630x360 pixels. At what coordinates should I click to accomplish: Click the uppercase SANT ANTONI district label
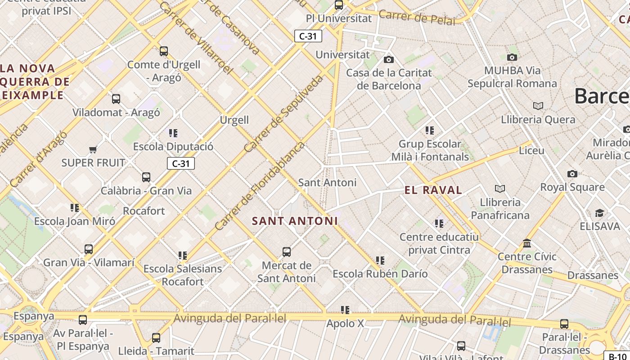(x=295, y=221)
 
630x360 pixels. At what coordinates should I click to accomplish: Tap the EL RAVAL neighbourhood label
(x=433, y=190)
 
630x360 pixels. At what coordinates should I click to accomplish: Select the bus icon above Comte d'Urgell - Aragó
(x=164, y=51)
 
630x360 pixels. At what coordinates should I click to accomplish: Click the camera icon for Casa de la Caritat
(x=389, y=59)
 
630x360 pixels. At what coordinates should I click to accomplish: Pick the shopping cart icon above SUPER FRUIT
(x=93, y=149)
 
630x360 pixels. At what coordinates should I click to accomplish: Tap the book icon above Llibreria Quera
(x=538, y=106)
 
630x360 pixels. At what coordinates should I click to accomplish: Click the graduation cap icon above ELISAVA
(x=599, y=213)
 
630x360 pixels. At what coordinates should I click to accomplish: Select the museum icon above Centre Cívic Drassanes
(x=527, y=243)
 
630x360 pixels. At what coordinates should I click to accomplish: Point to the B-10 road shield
(x=617, y=356)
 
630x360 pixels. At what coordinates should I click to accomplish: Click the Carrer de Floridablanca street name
(x=260, y=186)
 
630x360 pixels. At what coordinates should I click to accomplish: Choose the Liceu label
(x=531, y=150)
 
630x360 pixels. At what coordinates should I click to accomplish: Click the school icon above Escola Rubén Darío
(x=380, y=260)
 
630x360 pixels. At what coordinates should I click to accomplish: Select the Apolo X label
(x=345, y=324)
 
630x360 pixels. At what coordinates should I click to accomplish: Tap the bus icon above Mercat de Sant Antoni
(x=287, y=252)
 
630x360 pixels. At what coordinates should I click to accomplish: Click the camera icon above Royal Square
(x=572, y=174)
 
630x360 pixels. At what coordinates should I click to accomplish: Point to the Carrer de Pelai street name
(x=417, y=18)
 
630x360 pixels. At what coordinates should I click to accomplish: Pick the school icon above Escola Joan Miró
(x=75, y=208)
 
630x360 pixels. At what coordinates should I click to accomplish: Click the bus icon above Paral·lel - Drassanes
(x=564, y=324)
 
